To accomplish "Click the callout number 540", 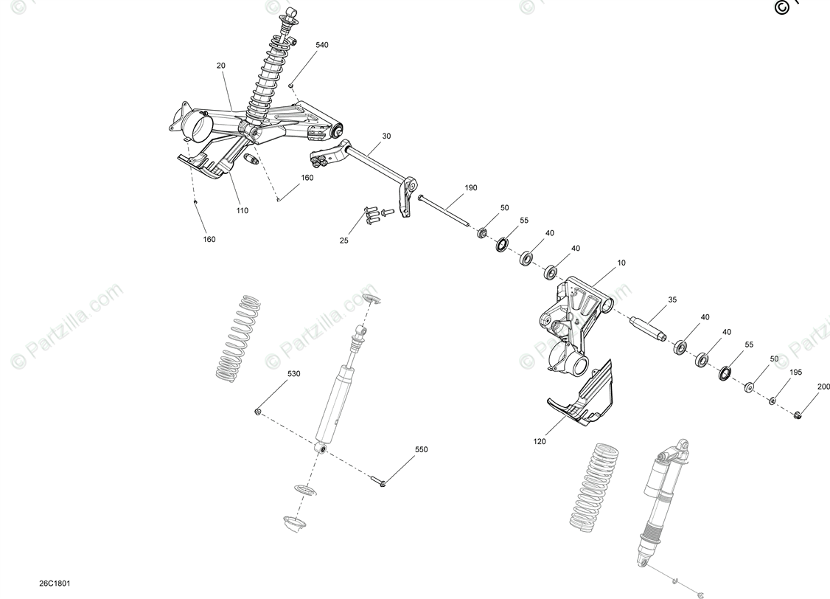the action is (x=322, y=45).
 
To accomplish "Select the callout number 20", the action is (x=221, y=66).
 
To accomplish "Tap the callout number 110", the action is (x=243, y=211).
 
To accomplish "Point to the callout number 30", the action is (x=387, y=136).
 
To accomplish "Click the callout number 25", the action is (x=344, y=241).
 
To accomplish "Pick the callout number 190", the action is (x=472, y=188).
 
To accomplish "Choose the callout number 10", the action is (x=621, y=263).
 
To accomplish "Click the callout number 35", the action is (x=672, y=300).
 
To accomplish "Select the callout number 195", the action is (x=796, y=373).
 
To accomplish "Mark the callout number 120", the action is (x=540, y=442).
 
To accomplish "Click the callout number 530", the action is (x=294, y=374).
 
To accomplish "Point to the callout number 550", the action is (x=421, y=449).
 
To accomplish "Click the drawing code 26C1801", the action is (x=56, y=584).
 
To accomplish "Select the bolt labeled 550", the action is (x=380, y=483).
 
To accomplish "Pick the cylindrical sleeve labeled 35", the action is (x=648, y=327).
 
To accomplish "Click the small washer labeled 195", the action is (x=773, y=401).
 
